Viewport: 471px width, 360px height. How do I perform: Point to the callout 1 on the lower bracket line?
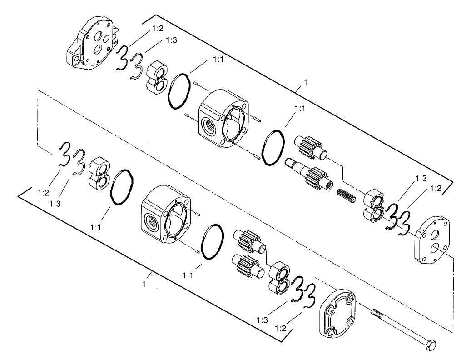point(144,284)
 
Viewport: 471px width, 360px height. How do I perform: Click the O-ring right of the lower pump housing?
point(211,241)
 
